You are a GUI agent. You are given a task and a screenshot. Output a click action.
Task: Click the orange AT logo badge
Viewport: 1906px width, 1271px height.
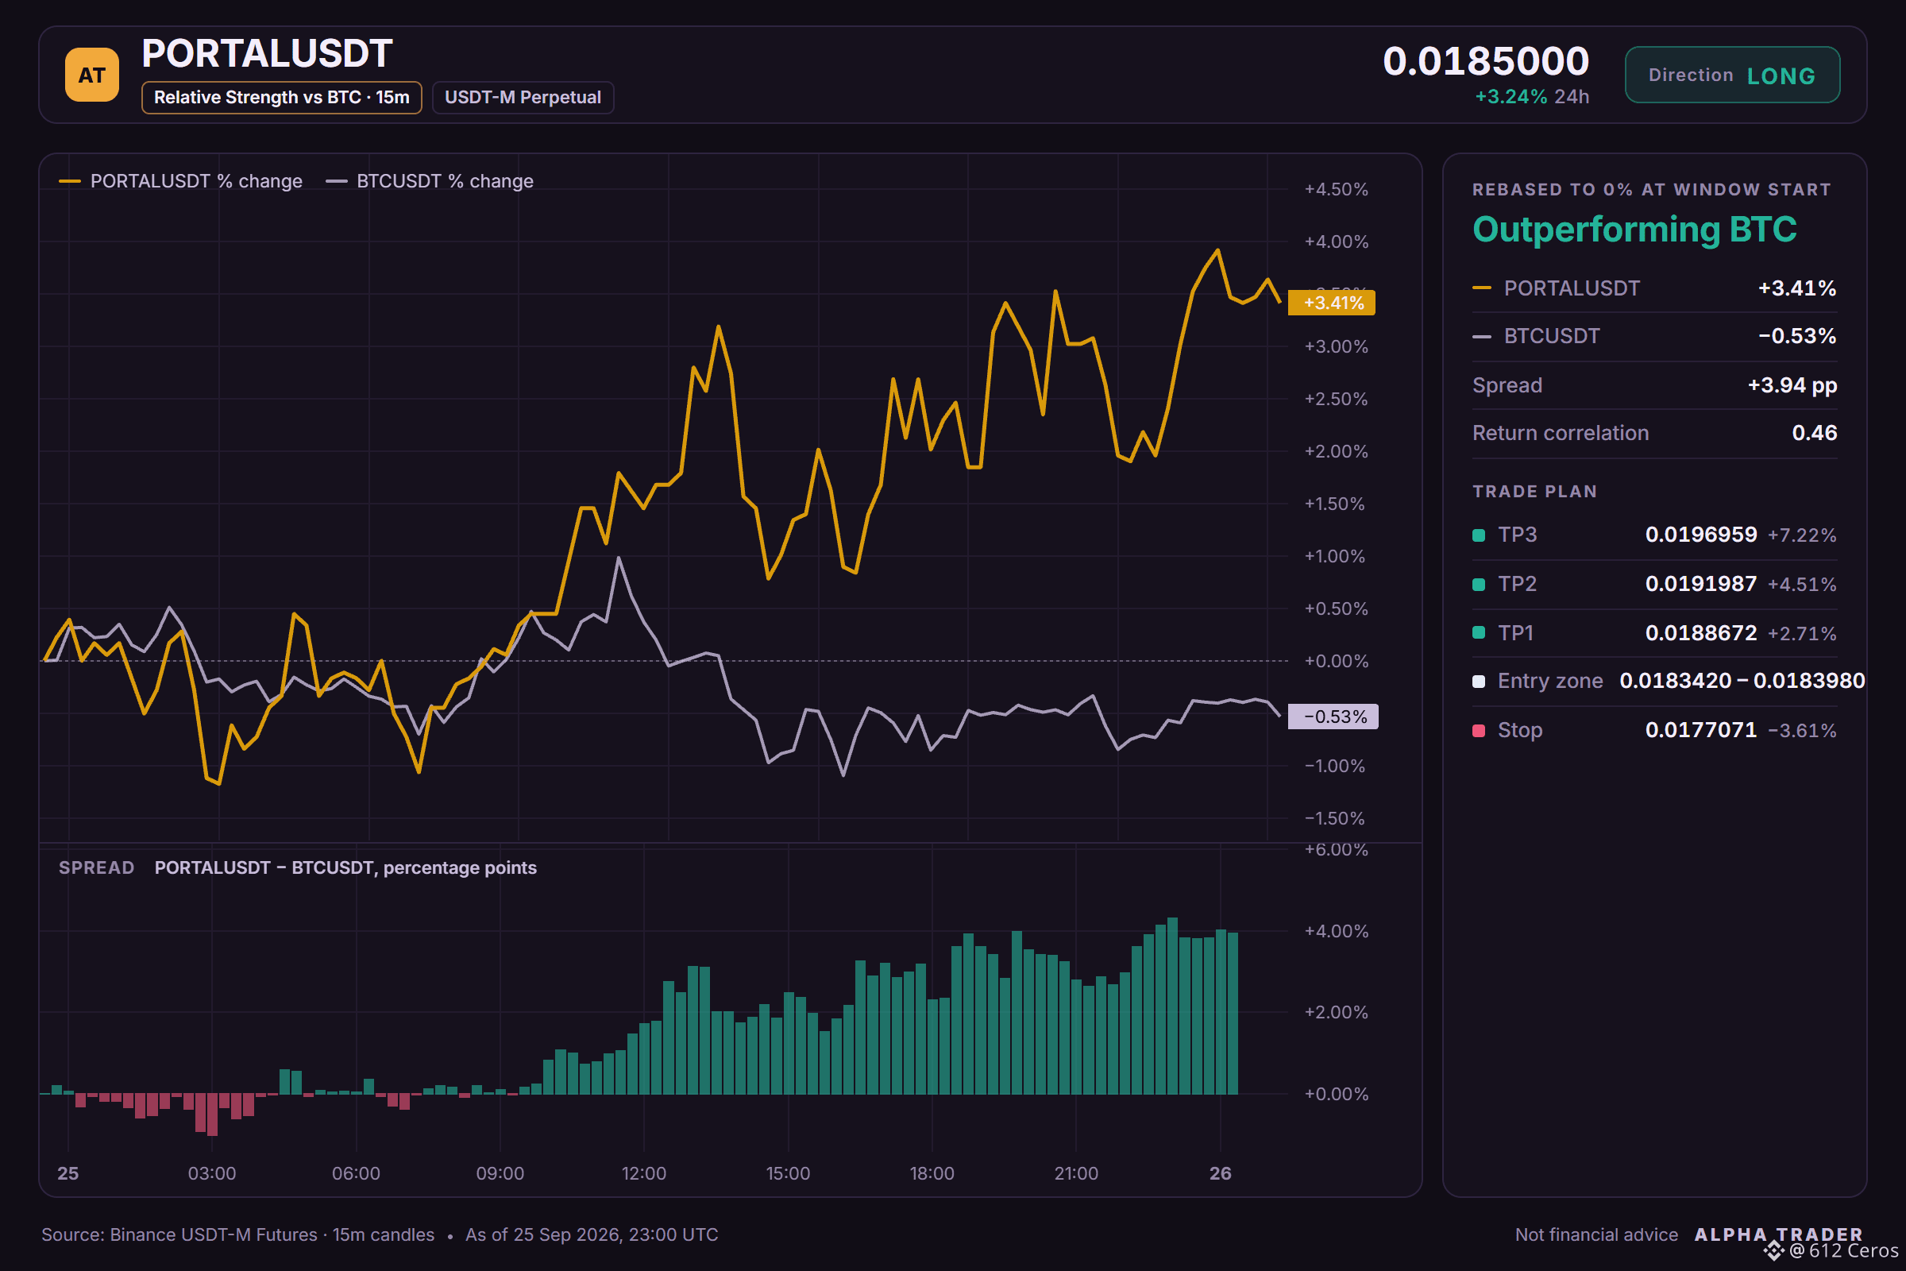91,75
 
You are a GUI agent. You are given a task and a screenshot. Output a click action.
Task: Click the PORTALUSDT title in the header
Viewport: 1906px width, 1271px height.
267,53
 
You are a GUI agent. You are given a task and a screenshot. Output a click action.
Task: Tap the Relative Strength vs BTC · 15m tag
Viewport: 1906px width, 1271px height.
281,97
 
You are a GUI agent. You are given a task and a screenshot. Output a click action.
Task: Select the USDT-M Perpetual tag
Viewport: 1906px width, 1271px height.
523,97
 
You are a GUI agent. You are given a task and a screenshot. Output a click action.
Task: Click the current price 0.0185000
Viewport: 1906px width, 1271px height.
1485,61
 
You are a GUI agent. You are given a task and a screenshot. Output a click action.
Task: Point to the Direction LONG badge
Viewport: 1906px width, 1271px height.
1732,75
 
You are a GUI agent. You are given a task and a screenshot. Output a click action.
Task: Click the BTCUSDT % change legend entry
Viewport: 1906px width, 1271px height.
430,181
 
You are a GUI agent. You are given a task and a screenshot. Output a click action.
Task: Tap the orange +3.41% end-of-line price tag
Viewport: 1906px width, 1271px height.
1333,303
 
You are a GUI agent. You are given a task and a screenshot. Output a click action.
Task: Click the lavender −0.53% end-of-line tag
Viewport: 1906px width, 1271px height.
1333,717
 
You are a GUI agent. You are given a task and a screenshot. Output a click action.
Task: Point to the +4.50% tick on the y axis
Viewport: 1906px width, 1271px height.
1336,189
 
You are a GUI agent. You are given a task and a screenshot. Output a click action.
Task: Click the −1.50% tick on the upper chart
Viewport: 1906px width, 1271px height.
1334,818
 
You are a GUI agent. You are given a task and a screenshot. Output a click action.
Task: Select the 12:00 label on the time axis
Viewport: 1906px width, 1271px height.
643,1173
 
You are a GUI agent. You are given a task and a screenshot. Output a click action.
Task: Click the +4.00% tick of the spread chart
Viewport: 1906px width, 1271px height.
1336,930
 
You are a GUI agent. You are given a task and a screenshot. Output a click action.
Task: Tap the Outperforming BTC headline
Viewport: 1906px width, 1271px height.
1634,230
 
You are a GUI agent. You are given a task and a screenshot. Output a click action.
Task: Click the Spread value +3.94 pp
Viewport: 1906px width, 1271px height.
1792,385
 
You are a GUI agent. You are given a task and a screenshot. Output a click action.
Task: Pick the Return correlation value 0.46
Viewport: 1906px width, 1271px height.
1815,433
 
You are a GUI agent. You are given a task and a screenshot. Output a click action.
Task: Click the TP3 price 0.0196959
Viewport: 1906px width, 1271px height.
1701,534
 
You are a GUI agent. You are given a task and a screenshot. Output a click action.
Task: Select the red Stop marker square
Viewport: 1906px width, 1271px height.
1479,730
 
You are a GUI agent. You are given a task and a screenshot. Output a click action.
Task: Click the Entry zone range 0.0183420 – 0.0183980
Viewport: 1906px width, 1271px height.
1742,681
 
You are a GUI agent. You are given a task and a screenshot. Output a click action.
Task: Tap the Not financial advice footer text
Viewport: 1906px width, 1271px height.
1596,1234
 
